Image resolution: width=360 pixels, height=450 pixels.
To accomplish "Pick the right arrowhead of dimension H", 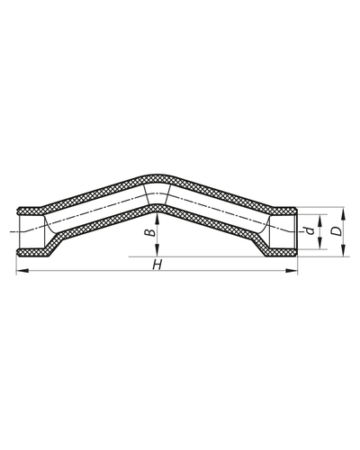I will tap(294, 274).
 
